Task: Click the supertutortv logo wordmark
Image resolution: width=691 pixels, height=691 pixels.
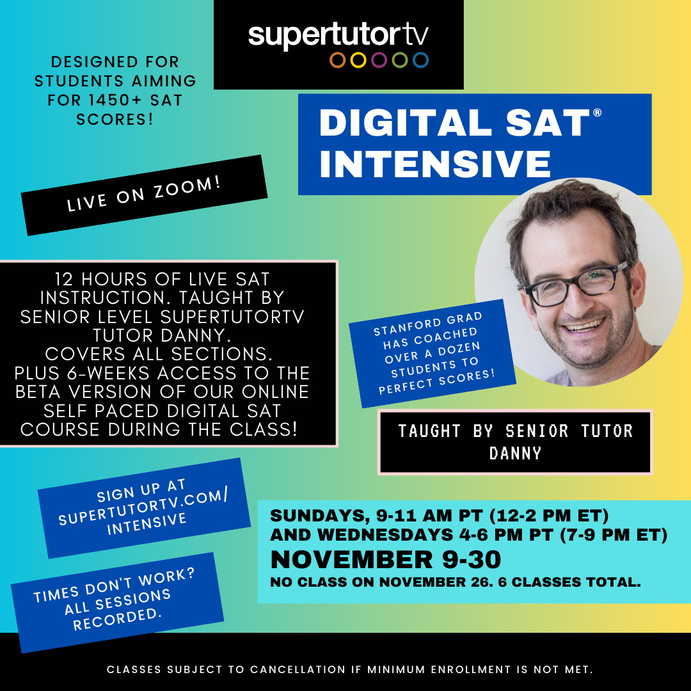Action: pos(338,35)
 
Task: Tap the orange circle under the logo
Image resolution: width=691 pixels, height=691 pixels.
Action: pos(338,60)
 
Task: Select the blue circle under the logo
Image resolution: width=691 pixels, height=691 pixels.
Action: pos(420,60)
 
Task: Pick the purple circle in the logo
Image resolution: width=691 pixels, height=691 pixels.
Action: pos(379,60)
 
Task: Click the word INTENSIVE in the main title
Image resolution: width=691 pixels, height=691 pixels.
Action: pos(436,164)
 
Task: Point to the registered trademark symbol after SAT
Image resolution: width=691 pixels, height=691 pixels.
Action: pos(597,113)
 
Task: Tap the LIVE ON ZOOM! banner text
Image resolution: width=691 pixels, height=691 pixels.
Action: pos(144,194)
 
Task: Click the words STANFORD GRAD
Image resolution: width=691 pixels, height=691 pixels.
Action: pos(428,324)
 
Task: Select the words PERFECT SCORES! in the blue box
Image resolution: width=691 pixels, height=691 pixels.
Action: pos(437,381)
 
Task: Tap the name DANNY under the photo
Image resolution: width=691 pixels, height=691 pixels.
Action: pos(515,453)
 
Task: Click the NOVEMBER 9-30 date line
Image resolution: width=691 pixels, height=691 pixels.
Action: pos(386,559)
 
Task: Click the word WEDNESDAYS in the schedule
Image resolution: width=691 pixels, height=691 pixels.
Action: pos(385,534)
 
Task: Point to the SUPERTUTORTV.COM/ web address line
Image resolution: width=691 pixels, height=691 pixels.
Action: pos(143,507)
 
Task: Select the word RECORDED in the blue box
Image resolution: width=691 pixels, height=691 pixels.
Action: pos(117,619)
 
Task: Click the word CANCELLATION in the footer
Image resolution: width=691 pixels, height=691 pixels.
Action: pos(298,669)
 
